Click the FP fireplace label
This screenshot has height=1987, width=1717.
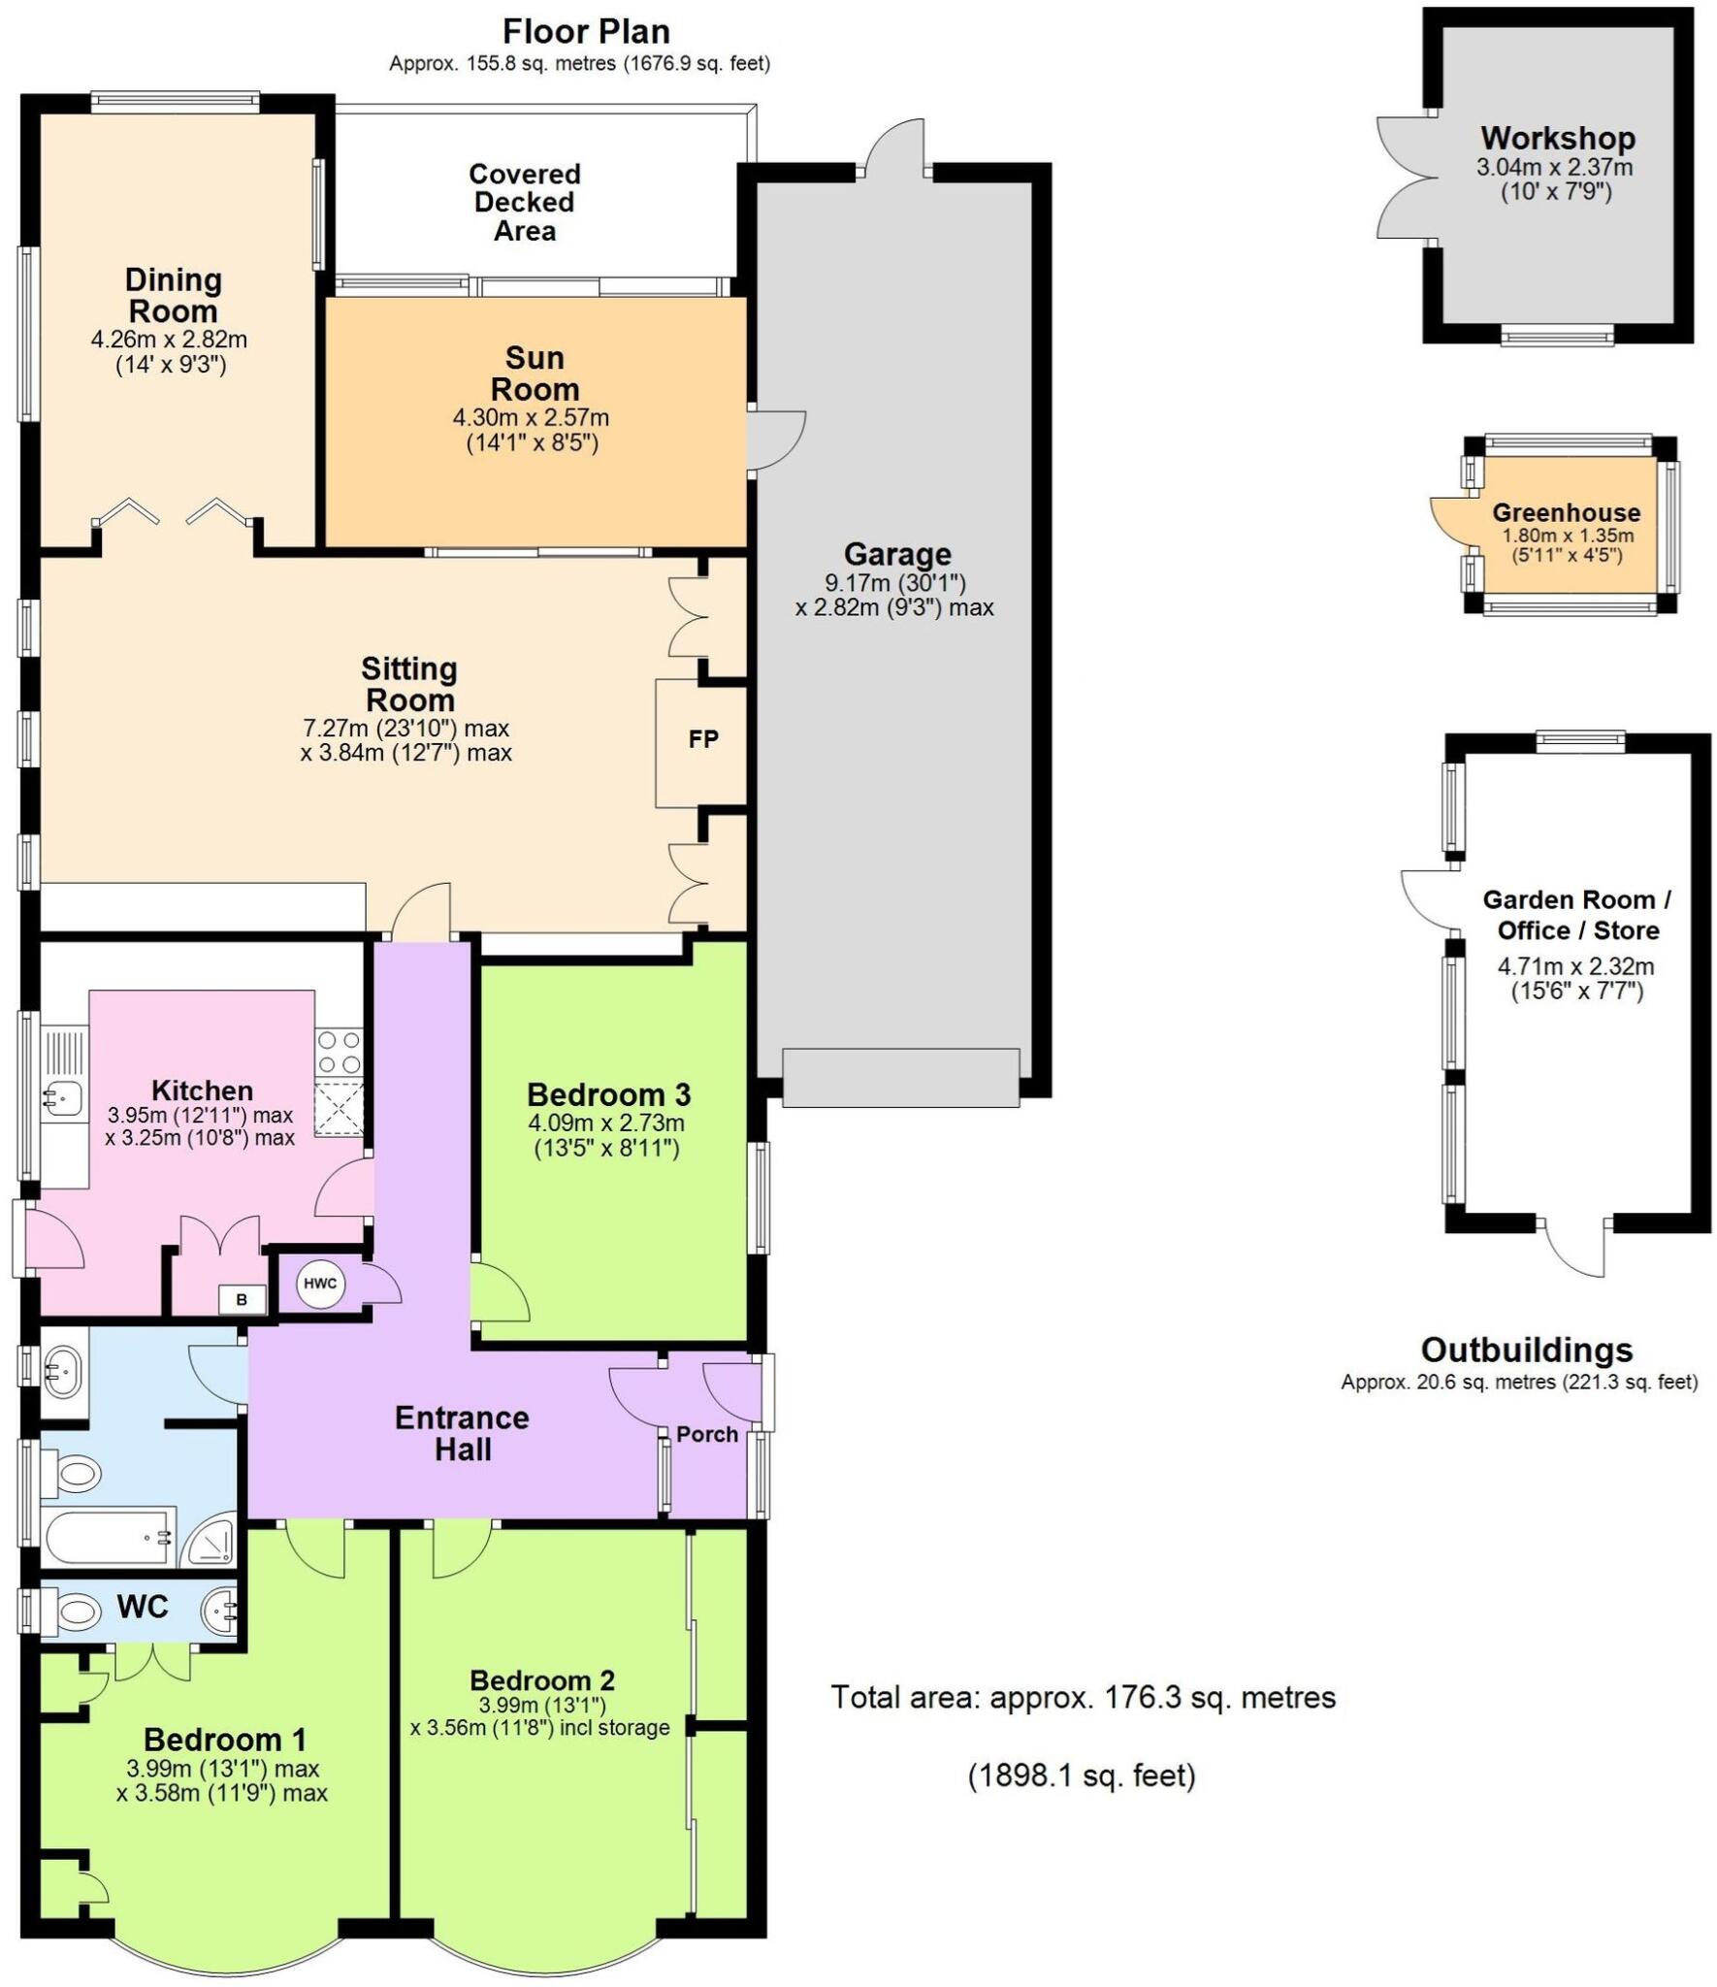coord(702,739)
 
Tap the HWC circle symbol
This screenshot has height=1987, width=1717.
coord(319,1284)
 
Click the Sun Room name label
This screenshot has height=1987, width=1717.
coord(535,374)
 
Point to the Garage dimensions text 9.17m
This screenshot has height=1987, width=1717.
coord(894,583)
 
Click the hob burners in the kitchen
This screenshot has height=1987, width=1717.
coord(339,1052)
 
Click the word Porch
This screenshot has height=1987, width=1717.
coord(707,1434)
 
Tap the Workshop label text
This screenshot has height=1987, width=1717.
coord(1557,138)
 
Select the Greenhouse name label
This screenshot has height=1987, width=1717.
coord(1566,512)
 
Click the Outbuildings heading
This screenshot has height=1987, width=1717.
coord(1526,1350)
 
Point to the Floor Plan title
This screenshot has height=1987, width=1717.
coord(586,31)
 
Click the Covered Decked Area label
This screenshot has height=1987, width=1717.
coord(525,202)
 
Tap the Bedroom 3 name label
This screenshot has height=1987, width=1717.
coord(608,1094)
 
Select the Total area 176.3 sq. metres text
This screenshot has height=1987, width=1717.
coord(1083,1697)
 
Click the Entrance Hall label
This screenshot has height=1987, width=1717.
coord(463,1433)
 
